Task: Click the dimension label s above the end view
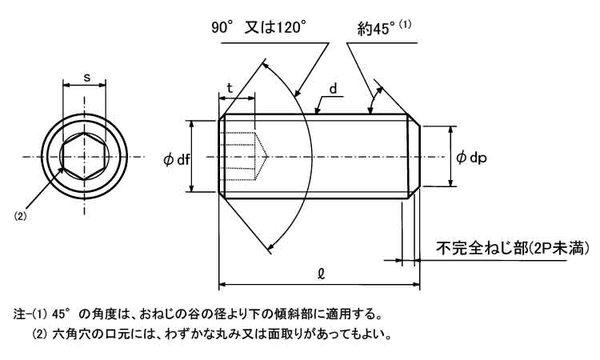click(87, 78)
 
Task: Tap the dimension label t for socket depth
click(230, 88)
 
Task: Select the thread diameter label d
click(334, 89)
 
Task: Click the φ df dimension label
click(177, 159)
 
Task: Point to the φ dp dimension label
click(471, 158)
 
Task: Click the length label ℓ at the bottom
click(321, 273)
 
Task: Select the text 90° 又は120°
click(259, 28)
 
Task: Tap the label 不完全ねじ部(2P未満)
click(513, 249)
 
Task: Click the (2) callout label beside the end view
click(20, 216)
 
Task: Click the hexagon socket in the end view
click(84, 157)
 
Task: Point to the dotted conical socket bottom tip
click(266, 157)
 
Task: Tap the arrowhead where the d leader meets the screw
click(317, 111)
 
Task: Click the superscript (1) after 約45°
click(406, 25)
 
